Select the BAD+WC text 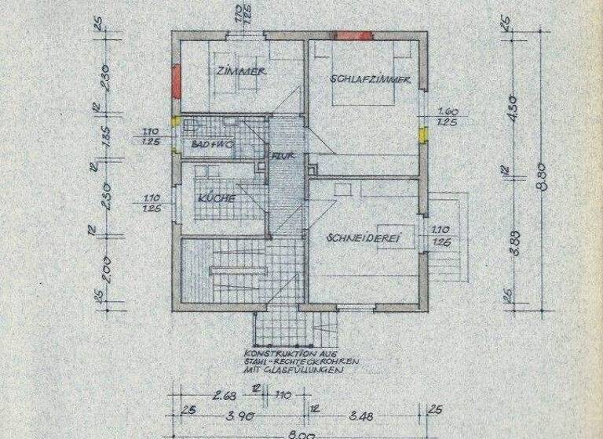(213, 145)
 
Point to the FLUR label (283, 156)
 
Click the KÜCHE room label (217, 198)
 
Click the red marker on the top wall (353, 35)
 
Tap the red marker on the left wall (177, 79)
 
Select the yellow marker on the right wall (423, 134)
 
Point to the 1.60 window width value (448, 111)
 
